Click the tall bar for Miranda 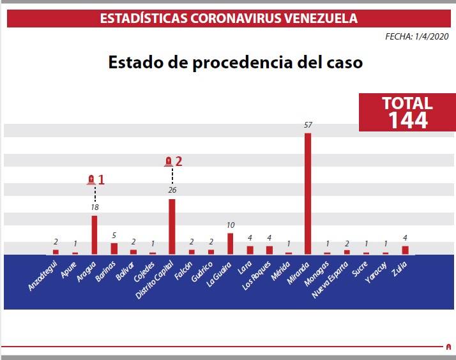point(308,193)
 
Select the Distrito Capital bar point(172,227)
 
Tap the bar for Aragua point(95,234)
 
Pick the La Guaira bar point(230,243)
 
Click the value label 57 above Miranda point(308,125)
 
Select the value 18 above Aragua point(95,207)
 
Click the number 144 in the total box point(407,120)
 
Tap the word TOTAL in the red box point(407,103)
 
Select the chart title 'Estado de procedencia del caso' point(236,63)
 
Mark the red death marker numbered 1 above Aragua point(95,179)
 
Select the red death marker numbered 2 point(173,161)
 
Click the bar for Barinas point(114,248)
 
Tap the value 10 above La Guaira point(230,225)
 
